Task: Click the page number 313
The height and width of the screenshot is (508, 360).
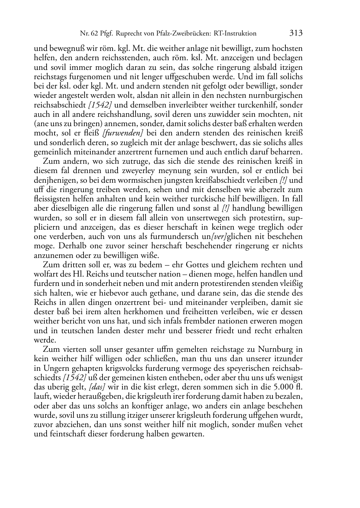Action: coord(296,33)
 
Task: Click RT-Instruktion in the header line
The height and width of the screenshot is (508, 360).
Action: coord(235,34)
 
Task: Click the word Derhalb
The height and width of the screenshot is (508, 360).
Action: coord(66,246)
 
